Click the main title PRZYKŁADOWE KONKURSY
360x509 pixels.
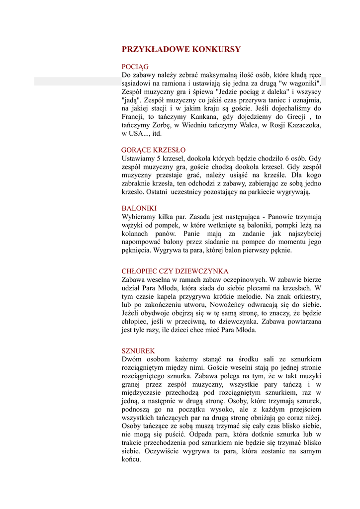pyautogui.click(x=181, y=49)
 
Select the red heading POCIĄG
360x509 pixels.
pyautogui.click(x=135, y=67)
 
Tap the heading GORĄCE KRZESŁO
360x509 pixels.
pyautogui.click(x=154, y=150)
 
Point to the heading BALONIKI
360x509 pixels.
pyautogui.click(x=139, y=208)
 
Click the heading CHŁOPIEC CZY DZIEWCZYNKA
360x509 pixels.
pyautogui.click(x=175, y=271)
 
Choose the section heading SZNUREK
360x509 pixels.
pyautogui.click(x=138, y=350)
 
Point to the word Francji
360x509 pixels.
pyautogui.click(x=133, y=116)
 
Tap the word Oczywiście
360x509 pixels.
pyautogui.click(x=161, y=451)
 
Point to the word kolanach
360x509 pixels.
pyautogui.click(x=136, y=234)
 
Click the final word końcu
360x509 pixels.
pyautogui.click(x=131, y=460)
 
